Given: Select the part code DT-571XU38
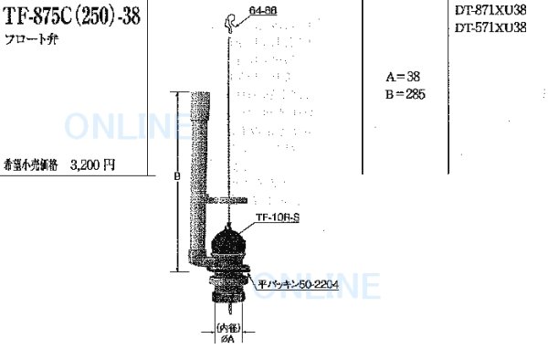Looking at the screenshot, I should point(490,28).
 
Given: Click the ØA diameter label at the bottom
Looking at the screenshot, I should point(227,340).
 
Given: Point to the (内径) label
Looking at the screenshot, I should point(227,325).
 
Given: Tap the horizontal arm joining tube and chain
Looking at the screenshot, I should point(225,199).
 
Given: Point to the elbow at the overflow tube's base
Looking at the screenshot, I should point(203,263).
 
